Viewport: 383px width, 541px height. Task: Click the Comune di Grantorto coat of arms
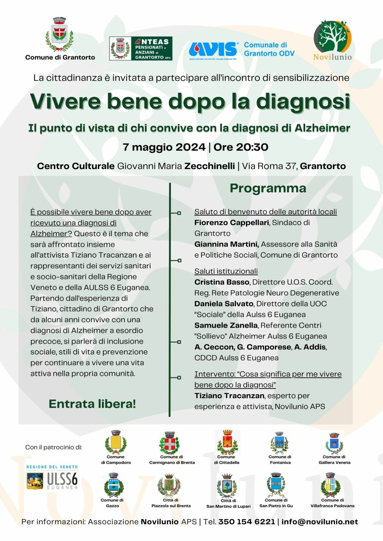pyautogui.click(x=59, y=35)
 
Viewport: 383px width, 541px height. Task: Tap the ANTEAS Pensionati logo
pyautogui.click(x=141, y=48)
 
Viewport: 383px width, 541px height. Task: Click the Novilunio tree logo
pyautogui.click(x=332, y=36)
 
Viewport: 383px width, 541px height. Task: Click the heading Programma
pyautogui.click(x=268, y=188)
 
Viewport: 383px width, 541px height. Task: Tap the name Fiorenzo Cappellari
pyautogui.click(x=231, y=223)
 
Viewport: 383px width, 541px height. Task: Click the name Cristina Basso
pyautogui.click(x=222, y=282)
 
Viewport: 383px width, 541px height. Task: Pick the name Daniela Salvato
pyautogui.click(x=224, y=304)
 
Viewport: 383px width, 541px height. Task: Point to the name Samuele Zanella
pyautogui.click(x=226, y=325)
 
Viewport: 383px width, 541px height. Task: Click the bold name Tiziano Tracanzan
pyautogui.click(x=229, y=396)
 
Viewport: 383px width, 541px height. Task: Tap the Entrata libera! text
pyautogui.click(x=92, y=404)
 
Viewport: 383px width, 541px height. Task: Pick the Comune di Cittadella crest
pyautogui.click(x=227, y=442)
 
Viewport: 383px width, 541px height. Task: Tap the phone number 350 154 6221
pyautogui.click(x=247, y=522)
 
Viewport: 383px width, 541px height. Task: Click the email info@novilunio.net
pyautogui.click(x=320, y=522)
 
